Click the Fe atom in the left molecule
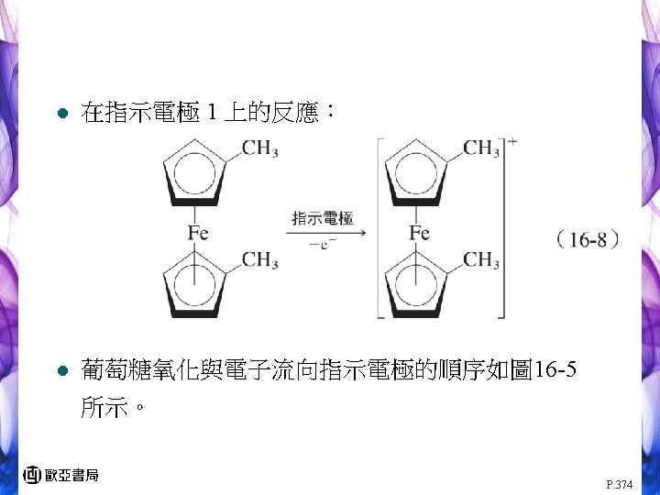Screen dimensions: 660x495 (x=198, y=233)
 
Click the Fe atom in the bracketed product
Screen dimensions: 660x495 (x=419, y=233)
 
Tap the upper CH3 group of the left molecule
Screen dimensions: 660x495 (x=260, y=149)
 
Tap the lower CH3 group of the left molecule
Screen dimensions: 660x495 (x=260, y=260)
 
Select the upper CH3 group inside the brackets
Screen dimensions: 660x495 (x=481, y=148)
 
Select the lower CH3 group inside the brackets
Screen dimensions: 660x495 (x=481, y=260)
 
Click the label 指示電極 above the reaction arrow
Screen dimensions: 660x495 (x=322, y=217)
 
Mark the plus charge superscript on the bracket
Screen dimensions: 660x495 (x=511, y=141)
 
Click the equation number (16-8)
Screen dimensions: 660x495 (x=588, y=241)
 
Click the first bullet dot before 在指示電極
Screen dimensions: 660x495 (x=60, y=115)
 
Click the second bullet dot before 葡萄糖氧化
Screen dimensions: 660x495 (x=60, y=371)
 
